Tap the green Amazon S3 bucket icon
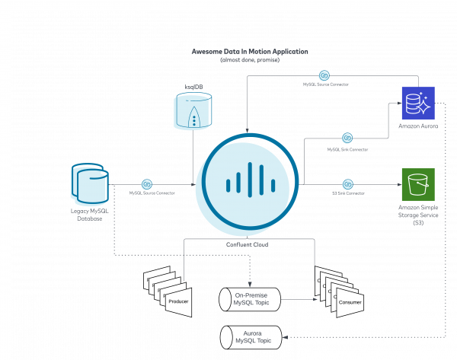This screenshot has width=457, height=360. coord(417,184)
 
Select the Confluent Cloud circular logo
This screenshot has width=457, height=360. coord(249,184)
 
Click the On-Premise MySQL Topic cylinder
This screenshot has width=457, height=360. coord(250,299)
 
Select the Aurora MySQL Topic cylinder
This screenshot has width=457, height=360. coord(250,336)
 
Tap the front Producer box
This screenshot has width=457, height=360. coord(177,302)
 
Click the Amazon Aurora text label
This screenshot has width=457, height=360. coord(417,126)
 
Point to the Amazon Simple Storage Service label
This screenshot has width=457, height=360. coord(417,214)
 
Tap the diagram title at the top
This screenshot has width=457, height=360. coord(250,51)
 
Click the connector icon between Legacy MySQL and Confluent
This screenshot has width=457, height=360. coord(146,184)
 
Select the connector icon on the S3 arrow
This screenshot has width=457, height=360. coord(347,184)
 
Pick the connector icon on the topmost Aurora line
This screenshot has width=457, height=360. coord(324,75)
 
